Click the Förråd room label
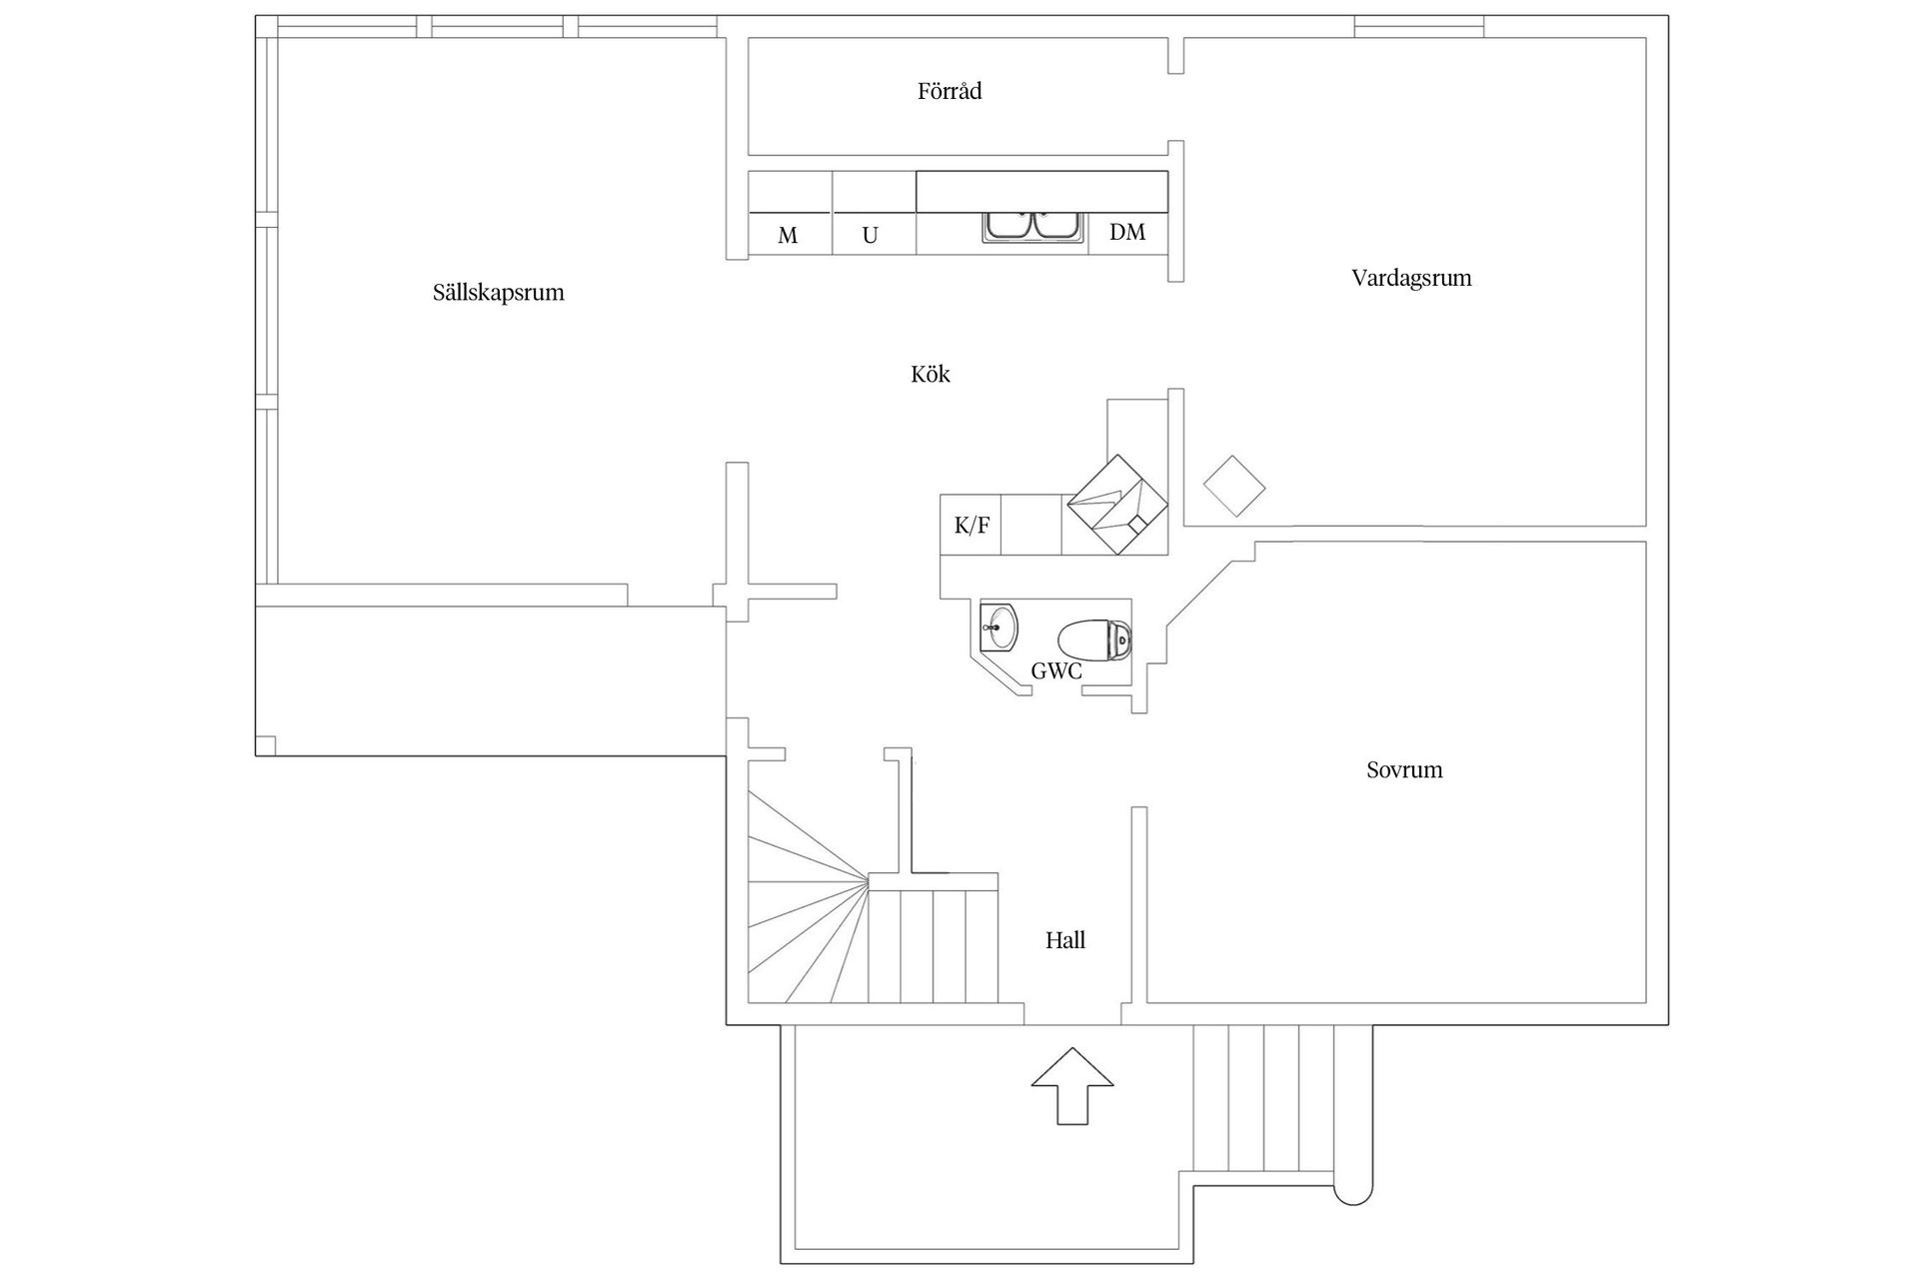point(949,92)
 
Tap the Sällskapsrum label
point(498,293)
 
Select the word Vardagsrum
point(1410,278)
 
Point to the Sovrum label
point(1403,769)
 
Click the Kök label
point(930,375)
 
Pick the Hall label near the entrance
point(1064,940)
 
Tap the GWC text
point(1055,671)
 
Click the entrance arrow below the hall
point(1071,1086)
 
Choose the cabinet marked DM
point(1127,233)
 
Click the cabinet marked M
point(789,235)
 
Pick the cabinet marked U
point(871,235)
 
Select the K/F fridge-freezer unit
point(970,525)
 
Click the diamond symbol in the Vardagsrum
point(1234,487)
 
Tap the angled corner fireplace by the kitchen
point(1117,505)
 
